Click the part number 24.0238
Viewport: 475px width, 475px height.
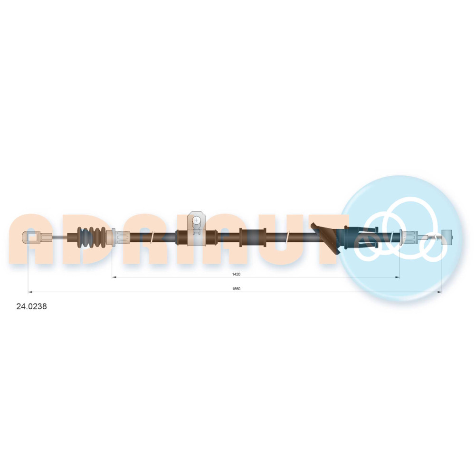coord(31,306)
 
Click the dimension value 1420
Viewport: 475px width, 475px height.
coord(236,274)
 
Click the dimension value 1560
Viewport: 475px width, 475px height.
coord(236,289)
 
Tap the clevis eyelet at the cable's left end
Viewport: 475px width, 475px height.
coord(31,237)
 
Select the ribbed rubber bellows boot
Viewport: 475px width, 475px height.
coord(92,237)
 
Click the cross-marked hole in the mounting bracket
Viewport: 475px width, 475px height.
coord(197,220)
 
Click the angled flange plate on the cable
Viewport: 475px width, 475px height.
coord(326,238)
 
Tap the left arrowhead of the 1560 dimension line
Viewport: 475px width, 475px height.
coord(30,292)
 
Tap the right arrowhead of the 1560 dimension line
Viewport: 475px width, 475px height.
coord(439,292)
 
